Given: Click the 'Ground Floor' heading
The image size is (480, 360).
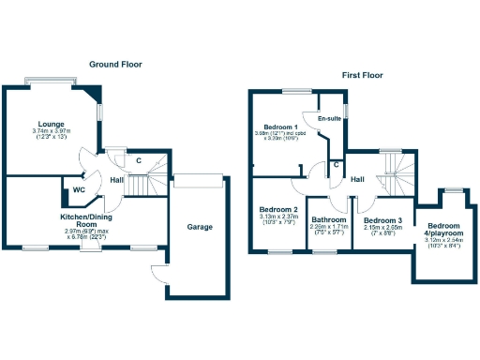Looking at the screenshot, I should (115, 65).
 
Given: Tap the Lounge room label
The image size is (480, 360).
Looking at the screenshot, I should (50, 124).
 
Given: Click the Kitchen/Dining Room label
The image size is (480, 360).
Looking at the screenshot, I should (85, 219).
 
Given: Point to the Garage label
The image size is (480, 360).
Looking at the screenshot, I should (199, 227).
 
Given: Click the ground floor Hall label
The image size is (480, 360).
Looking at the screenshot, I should (117, 179).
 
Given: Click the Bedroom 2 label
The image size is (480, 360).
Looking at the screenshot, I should (278, 209).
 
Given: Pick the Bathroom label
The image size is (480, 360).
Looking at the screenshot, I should (329, 220).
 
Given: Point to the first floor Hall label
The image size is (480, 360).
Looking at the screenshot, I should (357, 179).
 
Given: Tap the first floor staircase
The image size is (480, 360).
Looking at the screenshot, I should (395, 174).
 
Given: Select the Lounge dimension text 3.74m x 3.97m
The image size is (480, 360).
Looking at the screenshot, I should (51, 132).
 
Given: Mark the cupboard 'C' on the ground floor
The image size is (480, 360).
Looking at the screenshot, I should (139, 159).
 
